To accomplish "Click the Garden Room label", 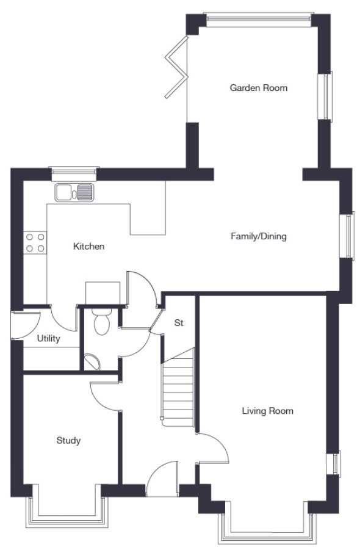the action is [x=259, y=88].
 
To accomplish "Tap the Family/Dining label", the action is [x=259, y=236].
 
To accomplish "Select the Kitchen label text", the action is [x=88, y=246].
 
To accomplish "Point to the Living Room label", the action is [x=268, y=411].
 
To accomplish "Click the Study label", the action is [x=69, y=441].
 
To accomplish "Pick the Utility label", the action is [x=48, y=339].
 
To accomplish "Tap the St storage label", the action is [x=179, y=323].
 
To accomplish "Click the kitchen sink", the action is [x=74, y=192].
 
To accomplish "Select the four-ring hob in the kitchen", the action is [x=35, y=243].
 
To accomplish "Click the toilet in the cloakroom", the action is [x=102, y=321].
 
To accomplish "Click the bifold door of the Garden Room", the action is [x=177, y=67].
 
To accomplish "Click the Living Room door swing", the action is [x=213, y=448].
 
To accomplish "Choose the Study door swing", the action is [x=105, y=396].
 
